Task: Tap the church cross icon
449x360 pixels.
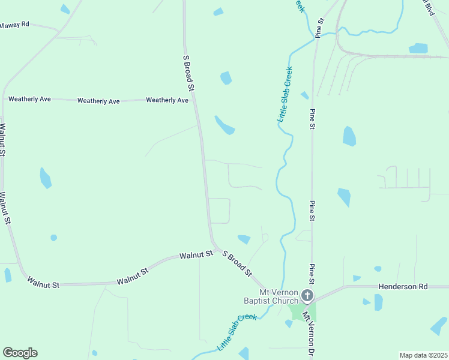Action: tap(307, 295)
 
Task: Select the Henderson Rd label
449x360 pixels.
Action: tap(403, 287)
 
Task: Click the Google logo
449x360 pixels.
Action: tap(20, 353)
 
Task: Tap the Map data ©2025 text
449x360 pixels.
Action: tap(423, 355)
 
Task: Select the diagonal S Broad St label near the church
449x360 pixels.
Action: tap(237, 264)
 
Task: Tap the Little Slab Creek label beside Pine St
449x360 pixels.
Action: tap(285, 95)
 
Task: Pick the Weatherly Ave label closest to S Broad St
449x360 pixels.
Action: tap(167, 100)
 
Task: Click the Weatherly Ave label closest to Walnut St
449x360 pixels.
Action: tap(29, 99)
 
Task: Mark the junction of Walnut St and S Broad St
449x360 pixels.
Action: tap(215, 248)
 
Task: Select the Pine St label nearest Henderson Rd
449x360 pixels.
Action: tap(312, 274)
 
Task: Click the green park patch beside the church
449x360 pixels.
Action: tap(301, 311)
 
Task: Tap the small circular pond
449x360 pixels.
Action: tap(53, 238)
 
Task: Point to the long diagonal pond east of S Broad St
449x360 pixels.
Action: tap(225, 125)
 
